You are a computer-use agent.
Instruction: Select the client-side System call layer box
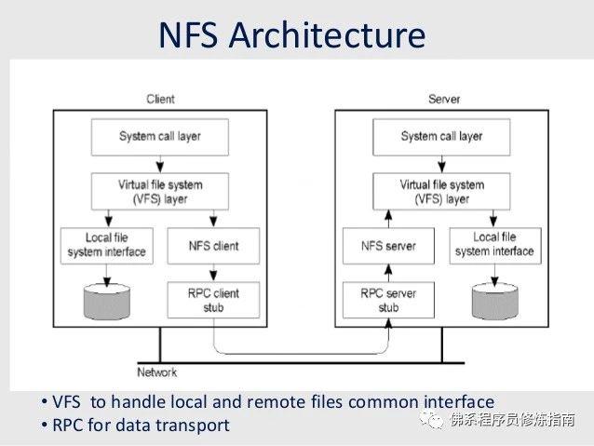pos(159,137)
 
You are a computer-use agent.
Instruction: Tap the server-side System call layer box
pos(441,137)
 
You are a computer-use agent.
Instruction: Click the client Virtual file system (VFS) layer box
pos(159,191)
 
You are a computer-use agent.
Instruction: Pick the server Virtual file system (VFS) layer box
pos(441,191)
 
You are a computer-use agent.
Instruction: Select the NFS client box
pos(214,246)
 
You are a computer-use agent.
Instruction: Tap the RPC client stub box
pos(214,300)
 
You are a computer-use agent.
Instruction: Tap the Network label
pos(156,372)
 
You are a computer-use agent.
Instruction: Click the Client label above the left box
pos(160,99)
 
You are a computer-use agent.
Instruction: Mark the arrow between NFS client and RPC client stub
pos(214,272)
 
